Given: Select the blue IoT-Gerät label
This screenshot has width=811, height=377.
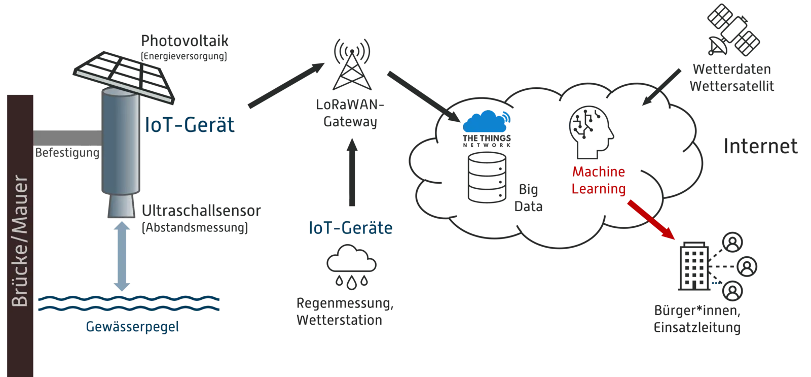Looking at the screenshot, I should point(190,124).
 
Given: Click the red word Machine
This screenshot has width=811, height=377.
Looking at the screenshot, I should point(598,172).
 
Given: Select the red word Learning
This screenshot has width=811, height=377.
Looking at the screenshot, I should point(598,189).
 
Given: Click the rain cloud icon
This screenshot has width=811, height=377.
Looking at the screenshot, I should point(350,266).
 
